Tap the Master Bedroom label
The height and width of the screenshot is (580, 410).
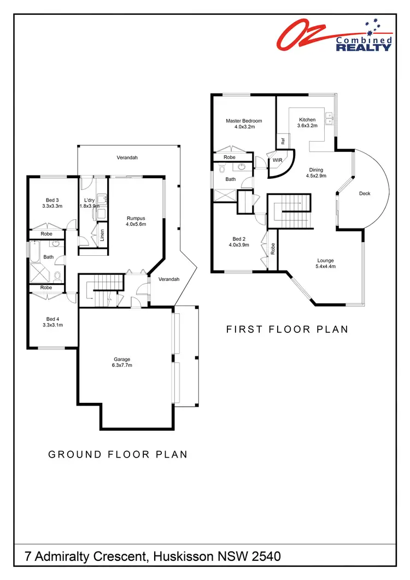point(244,124)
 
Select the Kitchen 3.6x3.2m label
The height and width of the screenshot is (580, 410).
point(307,123)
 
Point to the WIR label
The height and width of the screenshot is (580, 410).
point(277,161)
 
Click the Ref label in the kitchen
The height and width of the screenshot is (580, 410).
point(283,140)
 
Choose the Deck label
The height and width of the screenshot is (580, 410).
point(365,194)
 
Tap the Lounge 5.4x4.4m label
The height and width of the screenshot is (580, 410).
point(325,263)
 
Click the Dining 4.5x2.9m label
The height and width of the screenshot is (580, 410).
point(316,173)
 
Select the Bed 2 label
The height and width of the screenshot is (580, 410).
point(240,242)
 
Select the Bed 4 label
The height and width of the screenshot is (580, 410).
point(52,322)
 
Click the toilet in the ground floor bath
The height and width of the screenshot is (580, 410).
point(57,275)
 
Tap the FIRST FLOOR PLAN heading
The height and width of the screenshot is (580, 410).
point(287,329)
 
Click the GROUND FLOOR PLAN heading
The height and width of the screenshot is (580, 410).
point(118,454)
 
